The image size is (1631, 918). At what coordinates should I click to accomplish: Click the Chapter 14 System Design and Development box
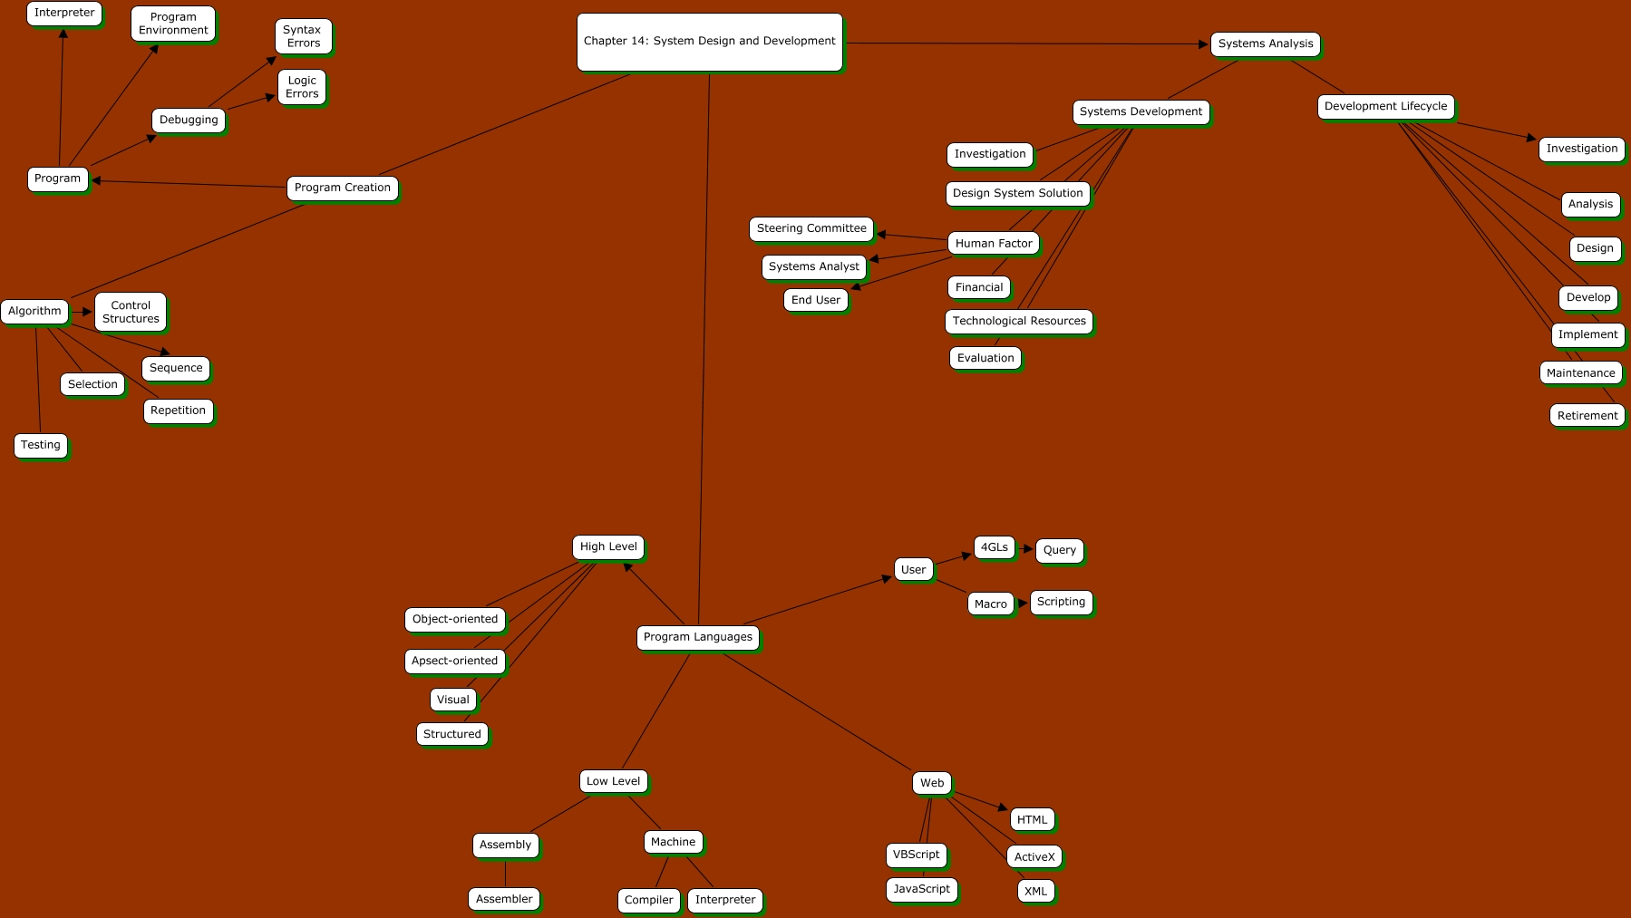[709, 42]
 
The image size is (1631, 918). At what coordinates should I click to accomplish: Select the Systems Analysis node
[1265, 43]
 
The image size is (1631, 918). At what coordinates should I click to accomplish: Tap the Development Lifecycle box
[1385, 106]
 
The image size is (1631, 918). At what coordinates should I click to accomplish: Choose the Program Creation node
[342, 188]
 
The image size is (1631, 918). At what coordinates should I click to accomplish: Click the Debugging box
[189, 120]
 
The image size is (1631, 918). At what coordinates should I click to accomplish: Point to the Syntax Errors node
[303, 36]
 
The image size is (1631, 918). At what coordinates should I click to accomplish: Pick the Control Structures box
[131, 312]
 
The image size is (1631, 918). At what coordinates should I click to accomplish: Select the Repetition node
[178, 411]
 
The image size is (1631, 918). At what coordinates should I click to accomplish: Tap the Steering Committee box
[811, 228]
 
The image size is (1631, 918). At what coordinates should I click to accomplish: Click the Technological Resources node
[1019, 321]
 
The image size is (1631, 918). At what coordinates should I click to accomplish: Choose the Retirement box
[1587, 416]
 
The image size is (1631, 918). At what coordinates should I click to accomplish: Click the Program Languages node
[697, 637]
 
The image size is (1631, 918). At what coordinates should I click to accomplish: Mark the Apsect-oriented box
[454, 661]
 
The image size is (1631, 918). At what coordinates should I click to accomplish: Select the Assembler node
[504, 899]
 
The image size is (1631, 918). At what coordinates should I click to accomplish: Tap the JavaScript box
[921, 889]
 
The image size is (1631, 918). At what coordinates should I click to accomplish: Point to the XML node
[1035, 891]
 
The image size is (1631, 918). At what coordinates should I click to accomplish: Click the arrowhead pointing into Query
[1028, 549]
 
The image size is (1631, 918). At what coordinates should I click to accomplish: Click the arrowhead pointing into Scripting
[1023, 603]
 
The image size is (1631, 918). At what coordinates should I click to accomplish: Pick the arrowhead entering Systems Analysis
[1203, 43]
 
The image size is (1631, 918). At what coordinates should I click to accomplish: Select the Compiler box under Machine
[648, 900]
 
